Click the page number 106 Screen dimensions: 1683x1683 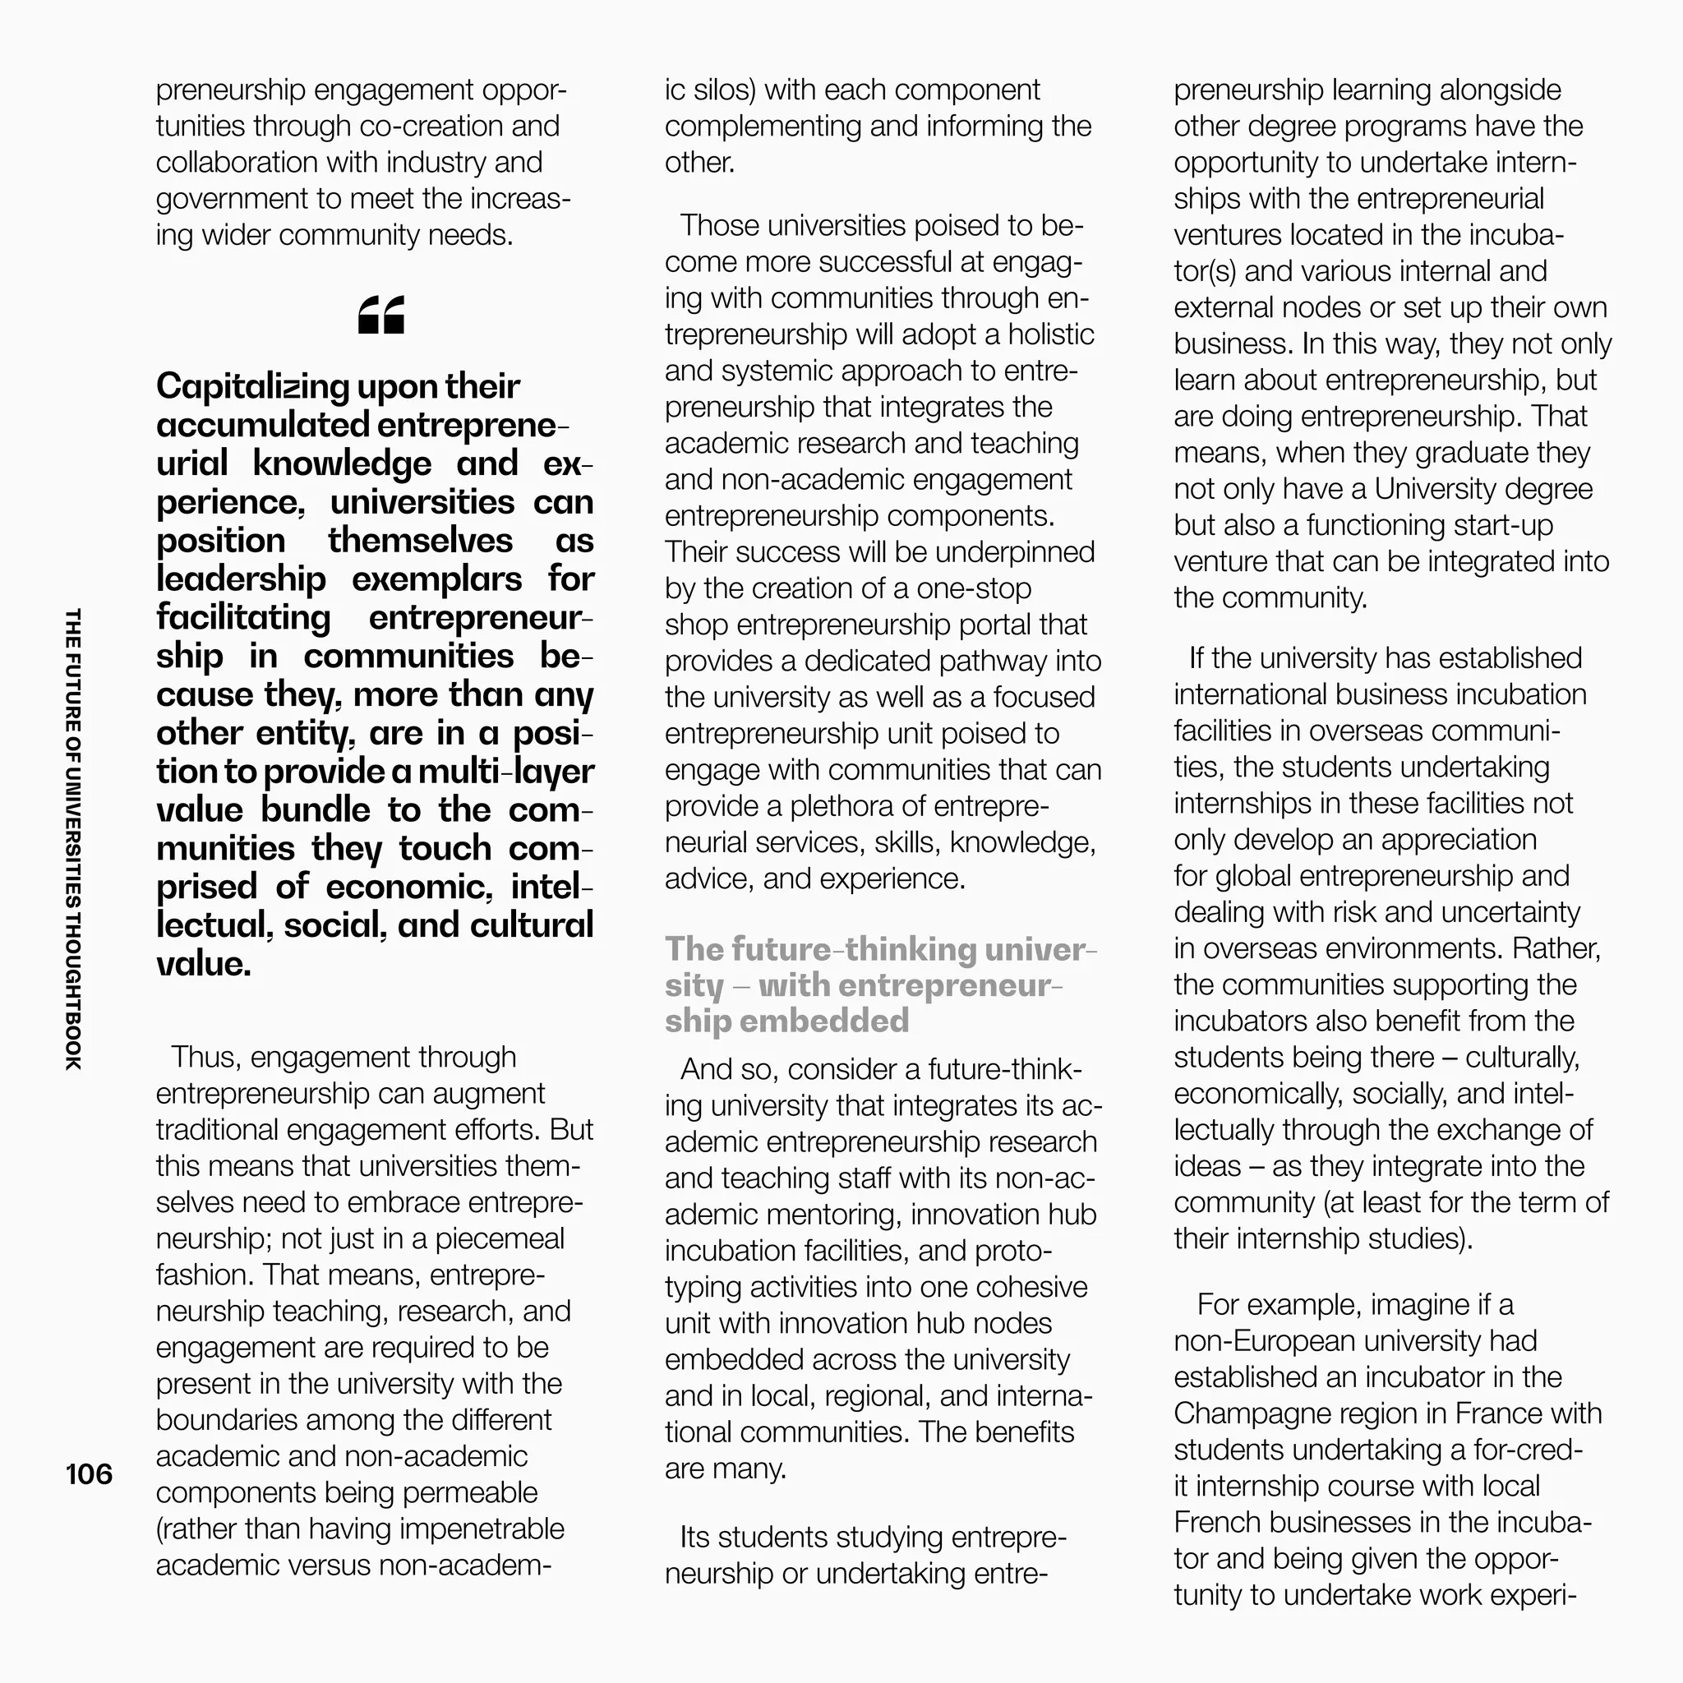coord(89,1474)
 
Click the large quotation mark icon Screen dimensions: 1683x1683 coord(381,315)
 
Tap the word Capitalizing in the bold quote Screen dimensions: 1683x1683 coord(252,387)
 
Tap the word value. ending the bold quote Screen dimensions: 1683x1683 coord(203,964)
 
